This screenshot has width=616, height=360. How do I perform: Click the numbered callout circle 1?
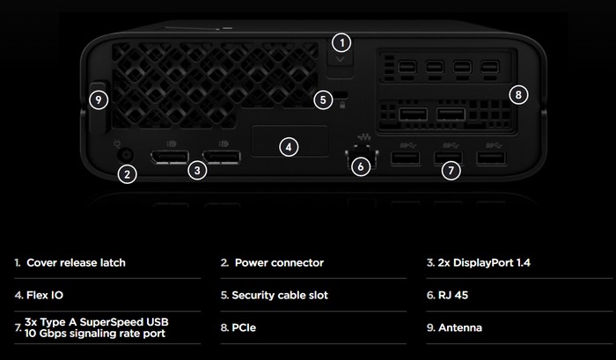(341, 42)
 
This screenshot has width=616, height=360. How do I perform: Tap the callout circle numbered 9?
(99, 99)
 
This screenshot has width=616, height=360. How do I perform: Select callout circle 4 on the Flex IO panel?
(289, 147)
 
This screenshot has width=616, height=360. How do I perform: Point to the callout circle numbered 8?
(518, 94)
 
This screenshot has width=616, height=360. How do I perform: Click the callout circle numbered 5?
(323, 99)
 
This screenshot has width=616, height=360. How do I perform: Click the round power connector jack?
(126, 155)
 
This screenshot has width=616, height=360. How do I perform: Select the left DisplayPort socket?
(170, 158)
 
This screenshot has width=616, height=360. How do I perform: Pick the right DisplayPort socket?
(222, 158)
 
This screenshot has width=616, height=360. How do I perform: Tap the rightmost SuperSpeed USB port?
(491, 158)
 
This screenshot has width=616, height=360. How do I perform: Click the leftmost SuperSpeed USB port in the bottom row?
(406, 158)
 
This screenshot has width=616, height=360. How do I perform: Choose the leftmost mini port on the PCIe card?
(407, 67)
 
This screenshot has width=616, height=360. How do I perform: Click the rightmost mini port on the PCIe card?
(490, 67)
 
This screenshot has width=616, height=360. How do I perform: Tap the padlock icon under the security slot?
(342, 105)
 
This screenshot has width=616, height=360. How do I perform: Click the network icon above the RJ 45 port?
(364, 137)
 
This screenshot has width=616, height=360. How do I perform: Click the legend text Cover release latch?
(76, 262)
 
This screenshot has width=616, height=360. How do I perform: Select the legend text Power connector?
(279, 262)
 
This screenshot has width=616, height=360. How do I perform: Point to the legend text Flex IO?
(44, 295)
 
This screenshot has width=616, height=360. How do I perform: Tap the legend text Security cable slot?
(280, 295)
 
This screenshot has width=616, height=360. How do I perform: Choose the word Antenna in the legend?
(460, 327)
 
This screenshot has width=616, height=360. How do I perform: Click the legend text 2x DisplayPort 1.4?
(484, 262)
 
